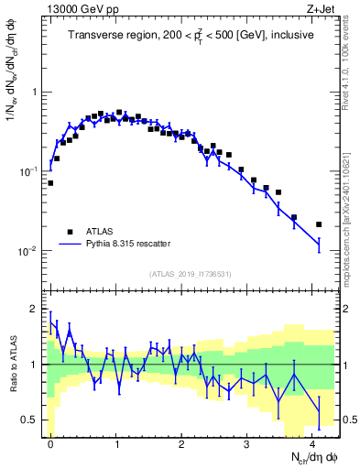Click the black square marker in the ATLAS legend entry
(x=70, y=231)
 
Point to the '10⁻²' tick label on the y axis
(x=27, y=251)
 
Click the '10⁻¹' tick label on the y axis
(x=27, y=171)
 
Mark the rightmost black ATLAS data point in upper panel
(x=319, y=224)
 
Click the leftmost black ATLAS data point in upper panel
(x=50, y=183)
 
